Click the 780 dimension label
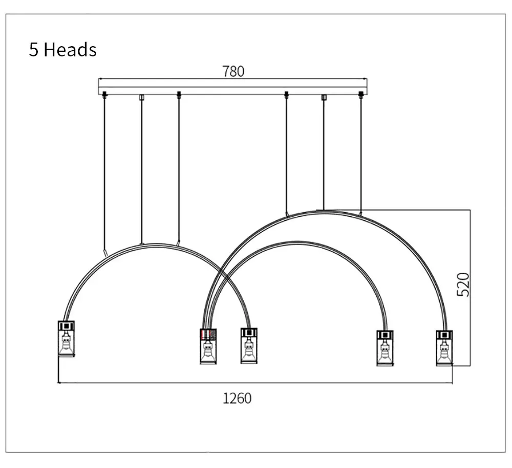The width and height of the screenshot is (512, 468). click(x=233, y=71)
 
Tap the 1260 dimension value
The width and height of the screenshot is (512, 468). click(x=237, y=398)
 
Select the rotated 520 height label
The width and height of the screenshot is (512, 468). click(x=463, y=284)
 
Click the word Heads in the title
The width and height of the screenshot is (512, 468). click(x=70, y=50)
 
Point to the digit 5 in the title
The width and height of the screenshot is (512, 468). click(x=34, y=50)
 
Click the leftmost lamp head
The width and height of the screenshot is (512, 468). click(x=66, y=339)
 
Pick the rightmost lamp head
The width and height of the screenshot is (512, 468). click(x=444, y=348)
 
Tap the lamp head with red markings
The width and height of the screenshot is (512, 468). click(x=208, y=346)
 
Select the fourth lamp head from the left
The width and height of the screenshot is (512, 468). click(x=385, y=348)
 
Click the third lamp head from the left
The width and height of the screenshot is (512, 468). click(x=249, y=345)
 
